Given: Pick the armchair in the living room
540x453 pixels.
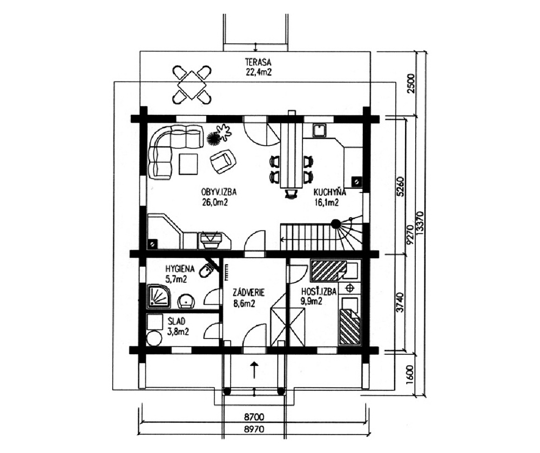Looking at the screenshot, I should pos(222,161).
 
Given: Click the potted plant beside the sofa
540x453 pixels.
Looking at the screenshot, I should pos(218,134).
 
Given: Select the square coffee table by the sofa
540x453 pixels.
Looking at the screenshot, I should pos(188,164).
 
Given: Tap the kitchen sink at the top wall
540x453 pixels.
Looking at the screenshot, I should pos(320,130).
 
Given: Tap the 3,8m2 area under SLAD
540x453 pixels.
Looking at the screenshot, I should pos(178,332).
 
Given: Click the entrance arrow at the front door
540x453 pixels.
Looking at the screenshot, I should pos(254,371).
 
